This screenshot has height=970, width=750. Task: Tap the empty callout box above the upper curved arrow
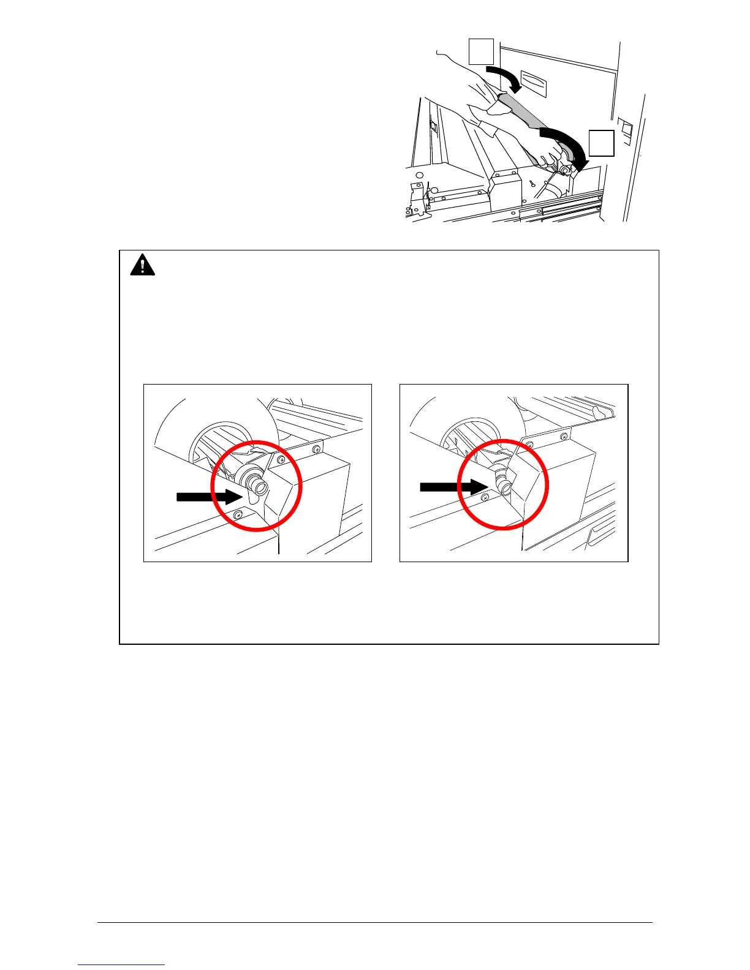481,51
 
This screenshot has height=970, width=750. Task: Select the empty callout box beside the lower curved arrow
601,143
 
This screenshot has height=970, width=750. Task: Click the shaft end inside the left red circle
259,487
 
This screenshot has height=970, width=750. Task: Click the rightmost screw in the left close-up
317,450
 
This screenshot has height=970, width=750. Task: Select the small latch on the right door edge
625,129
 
